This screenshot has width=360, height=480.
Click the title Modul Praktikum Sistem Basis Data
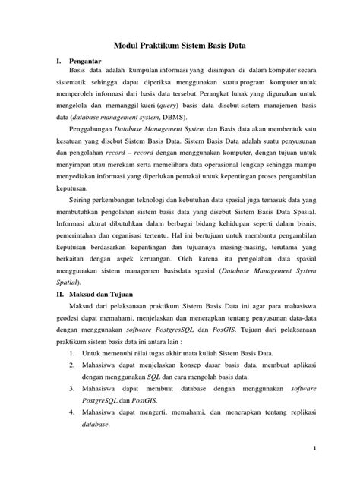pyautogui.click(x=179, y=45)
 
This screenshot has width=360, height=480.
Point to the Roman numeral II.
pyautogui.click(x=53, y=291)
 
